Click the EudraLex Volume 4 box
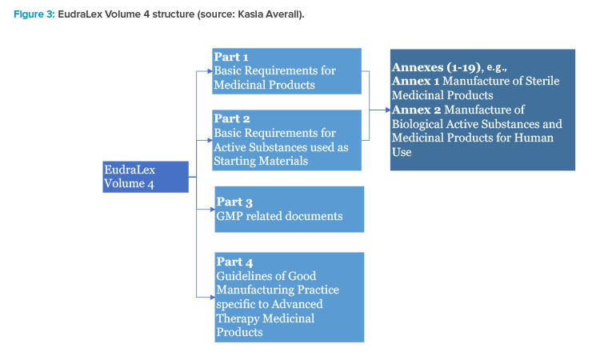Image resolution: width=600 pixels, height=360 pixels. click(x=146, y=177)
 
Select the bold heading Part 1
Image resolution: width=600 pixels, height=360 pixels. click(x=231, y=57)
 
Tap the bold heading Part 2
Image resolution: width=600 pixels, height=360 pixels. click(x=232, y=118)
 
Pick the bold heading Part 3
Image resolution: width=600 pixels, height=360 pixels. click(x=234, y=202)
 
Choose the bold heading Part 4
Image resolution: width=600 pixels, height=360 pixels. click(x=234, y=262)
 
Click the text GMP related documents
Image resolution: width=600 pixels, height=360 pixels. click(x=279, y=216)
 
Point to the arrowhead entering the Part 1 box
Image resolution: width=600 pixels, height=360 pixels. click(x=210, y=71)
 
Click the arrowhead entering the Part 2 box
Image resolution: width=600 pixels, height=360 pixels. click(x=210, y=141)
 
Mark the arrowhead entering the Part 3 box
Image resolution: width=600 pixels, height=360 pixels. click(x=212, y=210)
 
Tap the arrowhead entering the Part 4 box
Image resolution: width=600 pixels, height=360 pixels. click(x=212, y=297)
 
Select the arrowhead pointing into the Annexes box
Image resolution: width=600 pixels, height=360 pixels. click(x=388, y=110)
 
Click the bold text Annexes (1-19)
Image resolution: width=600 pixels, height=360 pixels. click(x=436, y=67)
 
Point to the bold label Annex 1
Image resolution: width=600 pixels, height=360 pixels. click(x=415, y=81)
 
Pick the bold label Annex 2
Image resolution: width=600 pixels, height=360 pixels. click(x=416, y=110)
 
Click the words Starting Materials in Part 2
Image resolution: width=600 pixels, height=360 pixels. click(x=261, y=161)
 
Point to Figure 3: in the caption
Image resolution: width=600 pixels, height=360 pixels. click(x=34, y=14)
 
